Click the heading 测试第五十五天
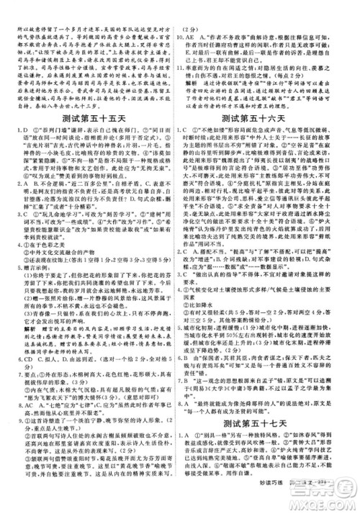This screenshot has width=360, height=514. [88, 117]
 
